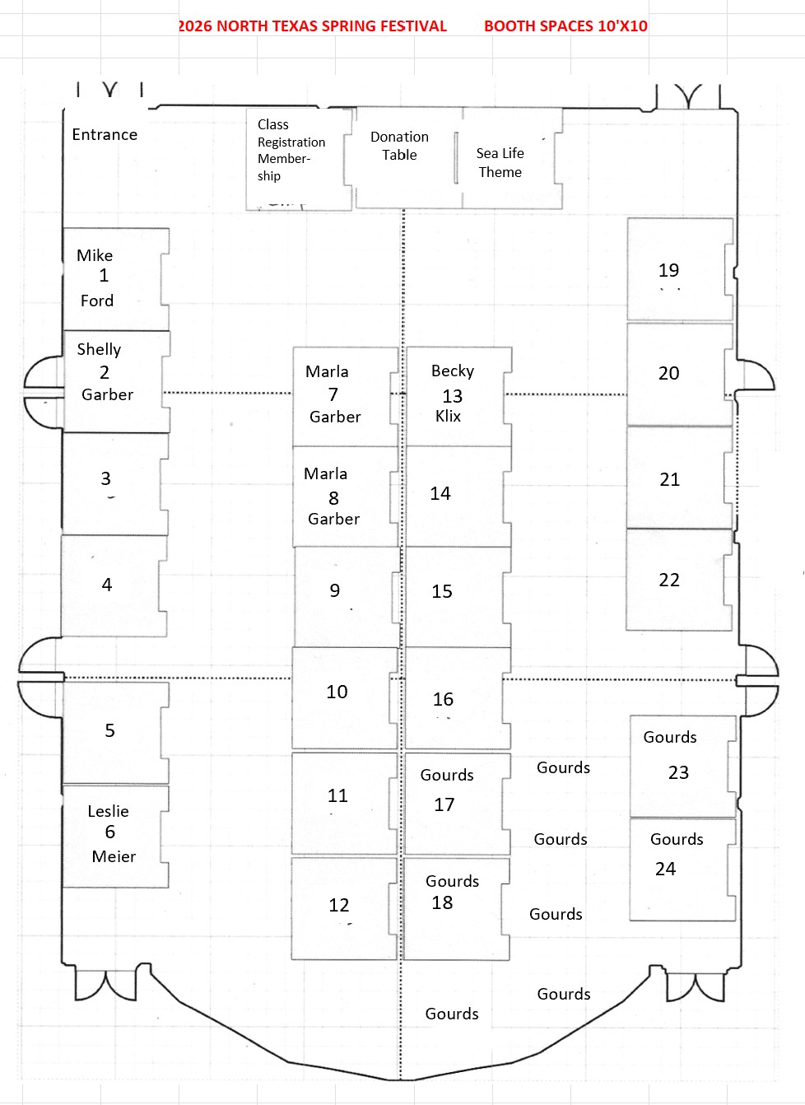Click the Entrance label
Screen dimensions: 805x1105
tap(105, 135)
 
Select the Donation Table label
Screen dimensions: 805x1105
tap(399, 146)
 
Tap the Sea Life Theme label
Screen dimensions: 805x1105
tap(500, 162)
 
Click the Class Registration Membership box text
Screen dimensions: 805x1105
tap(291, 150)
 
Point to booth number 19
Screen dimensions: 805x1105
tap(669, 270)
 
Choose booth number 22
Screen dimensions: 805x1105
tap(669, 580)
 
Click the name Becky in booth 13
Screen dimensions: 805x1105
tap(453, 371)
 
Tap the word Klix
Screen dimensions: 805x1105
tap(448, 416)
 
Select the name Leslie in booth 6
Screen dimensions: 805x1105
tap(108, 811)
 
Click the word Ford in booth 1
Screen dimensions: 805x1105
tap(97, 301)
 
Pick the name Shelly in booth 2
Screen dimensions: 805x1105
tap(99, 349)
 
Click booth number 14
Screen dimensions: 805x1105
tap(440, 493)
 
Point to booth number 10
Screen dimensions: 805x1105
tap(337, 692)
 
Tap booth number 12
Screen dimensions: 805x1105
tap(339, 905)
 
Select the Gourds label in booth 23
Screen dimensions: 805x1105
tap(670, 737)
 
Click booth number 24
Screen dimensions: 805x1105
tap(665, 869)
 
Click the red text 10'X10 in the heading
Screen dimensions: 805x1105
tap(622, 26)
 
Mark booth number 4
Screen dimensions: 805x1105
tap(106, 585)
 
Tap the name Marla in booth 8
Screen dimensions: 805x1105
tap(326, 473)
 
